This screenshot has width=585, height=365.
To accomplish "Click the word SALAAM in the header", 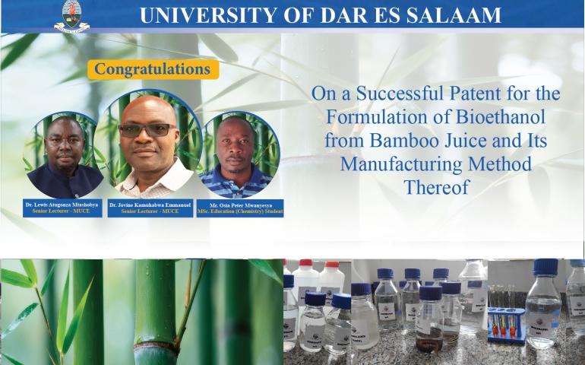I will (x=457, y=15).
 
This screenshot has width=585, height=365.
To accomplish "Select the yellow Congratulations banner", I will (x=153, y=69).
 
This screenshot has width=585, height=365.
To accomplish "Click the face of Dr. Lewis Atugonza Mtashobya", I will (x=64, y=141).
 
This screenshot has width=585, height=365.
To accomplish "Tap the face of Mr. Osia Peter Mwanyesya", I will (x=239, y=144).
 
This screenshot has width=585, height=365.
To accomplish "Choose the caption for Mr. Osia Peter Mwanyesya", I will (x=241, y=207).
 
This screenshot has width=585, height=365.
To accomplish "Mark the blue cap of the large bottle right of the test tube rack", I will (x=545, y=267).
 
